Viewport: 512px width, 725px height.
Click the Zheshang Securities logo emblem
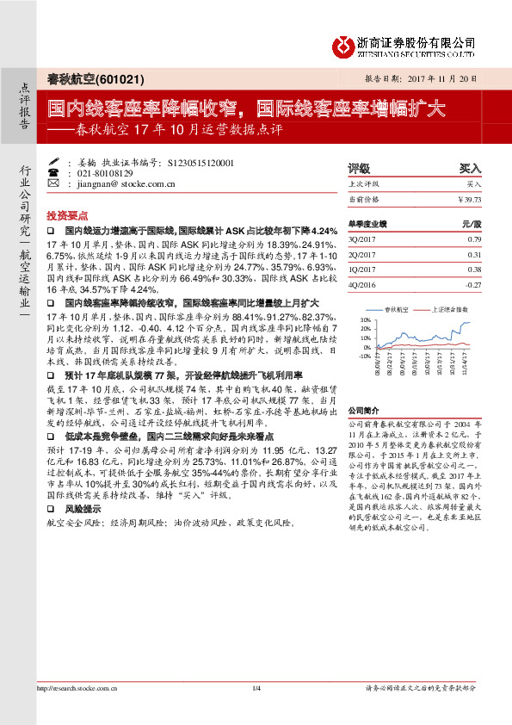point(347,44)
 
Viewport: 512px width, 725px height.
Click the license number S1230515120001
point(194,162)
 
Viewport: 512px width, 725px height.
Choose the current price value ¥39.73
point(469,199)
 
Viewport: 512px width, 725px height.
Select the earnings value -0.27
point(472,283)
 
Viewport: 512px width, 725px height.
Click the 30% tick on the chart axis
point(366,319)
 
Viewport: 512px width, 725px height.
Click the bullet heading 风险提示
point(82,509)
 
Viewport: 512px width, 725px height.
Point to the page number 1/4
point(256,712)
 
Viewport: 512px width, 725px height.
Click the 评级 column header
point(358,168)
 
